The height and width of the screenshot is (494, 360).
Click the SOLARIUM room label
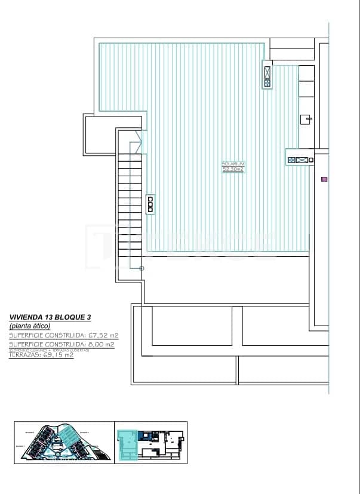point(233,164)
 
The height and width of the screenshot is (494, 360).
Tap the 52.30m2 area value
point(233,170)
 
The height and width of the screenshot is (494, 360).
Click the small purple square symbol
point(324,179)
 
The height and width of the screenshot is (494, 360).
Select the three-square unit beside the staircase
point(150,204)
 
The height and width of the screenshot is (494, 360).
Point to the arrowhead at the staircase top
point(139,142)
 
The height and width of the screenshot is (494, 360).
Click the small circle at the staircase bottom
point(141,268)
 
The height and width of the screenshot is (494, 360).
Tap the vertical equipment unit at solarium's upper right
point(267,75)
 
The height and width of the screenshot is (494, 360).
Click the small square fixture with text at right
point(305,119)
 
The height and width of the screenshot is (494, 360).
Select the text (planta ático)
point(30,326)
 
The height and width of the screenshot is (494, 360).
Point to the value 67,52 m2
point(103,336)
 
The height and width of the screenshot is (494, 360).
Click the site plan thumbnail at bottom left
point(63,442)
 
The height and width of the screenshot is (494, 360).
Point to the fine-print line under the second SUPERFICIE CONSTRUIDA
point(49,349)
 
